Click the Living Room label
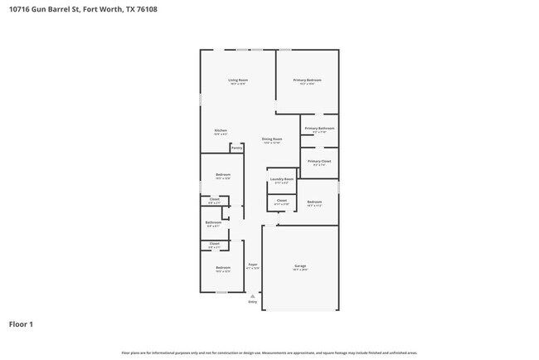pyautogui.click(x=239, y=81)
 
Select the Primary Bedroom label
pyautogui.click(x=307, y=81)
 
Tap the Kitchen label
pyautogui.click(x=221, y=131)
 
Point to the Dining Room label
pyautogui.click(x=272, y=140)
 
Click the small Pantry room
pyautogui.click(x=236, y=148)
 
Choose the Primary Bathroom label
pyautogui.click(x=319, y=129)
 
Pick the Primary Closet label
pyautogui.click(x=319, y=162)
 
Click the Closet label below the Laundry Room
pyautogui.click(x=282, y=201)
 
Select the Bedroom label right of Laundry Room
pyautogui.click(x=314, y=203)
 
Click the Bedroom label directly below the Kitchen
pyautogui.click(x=222, y=175)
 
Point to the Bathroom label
pyautogui.click(x=213, y=223)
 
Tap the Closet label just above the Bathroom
pyautogui.click(x=214, y=200)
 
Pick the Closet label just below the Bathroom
pyautogui.click(x=214, y=245)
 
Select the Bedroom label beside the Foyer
pyautogui.click(x=222, y=269)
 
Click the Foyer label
pyautogui.click(x=254, y=265)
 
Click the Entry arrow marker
pyautogui.click(x=253, y=295)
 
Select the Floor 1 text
pyautogui.click(x=21, y=324)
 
